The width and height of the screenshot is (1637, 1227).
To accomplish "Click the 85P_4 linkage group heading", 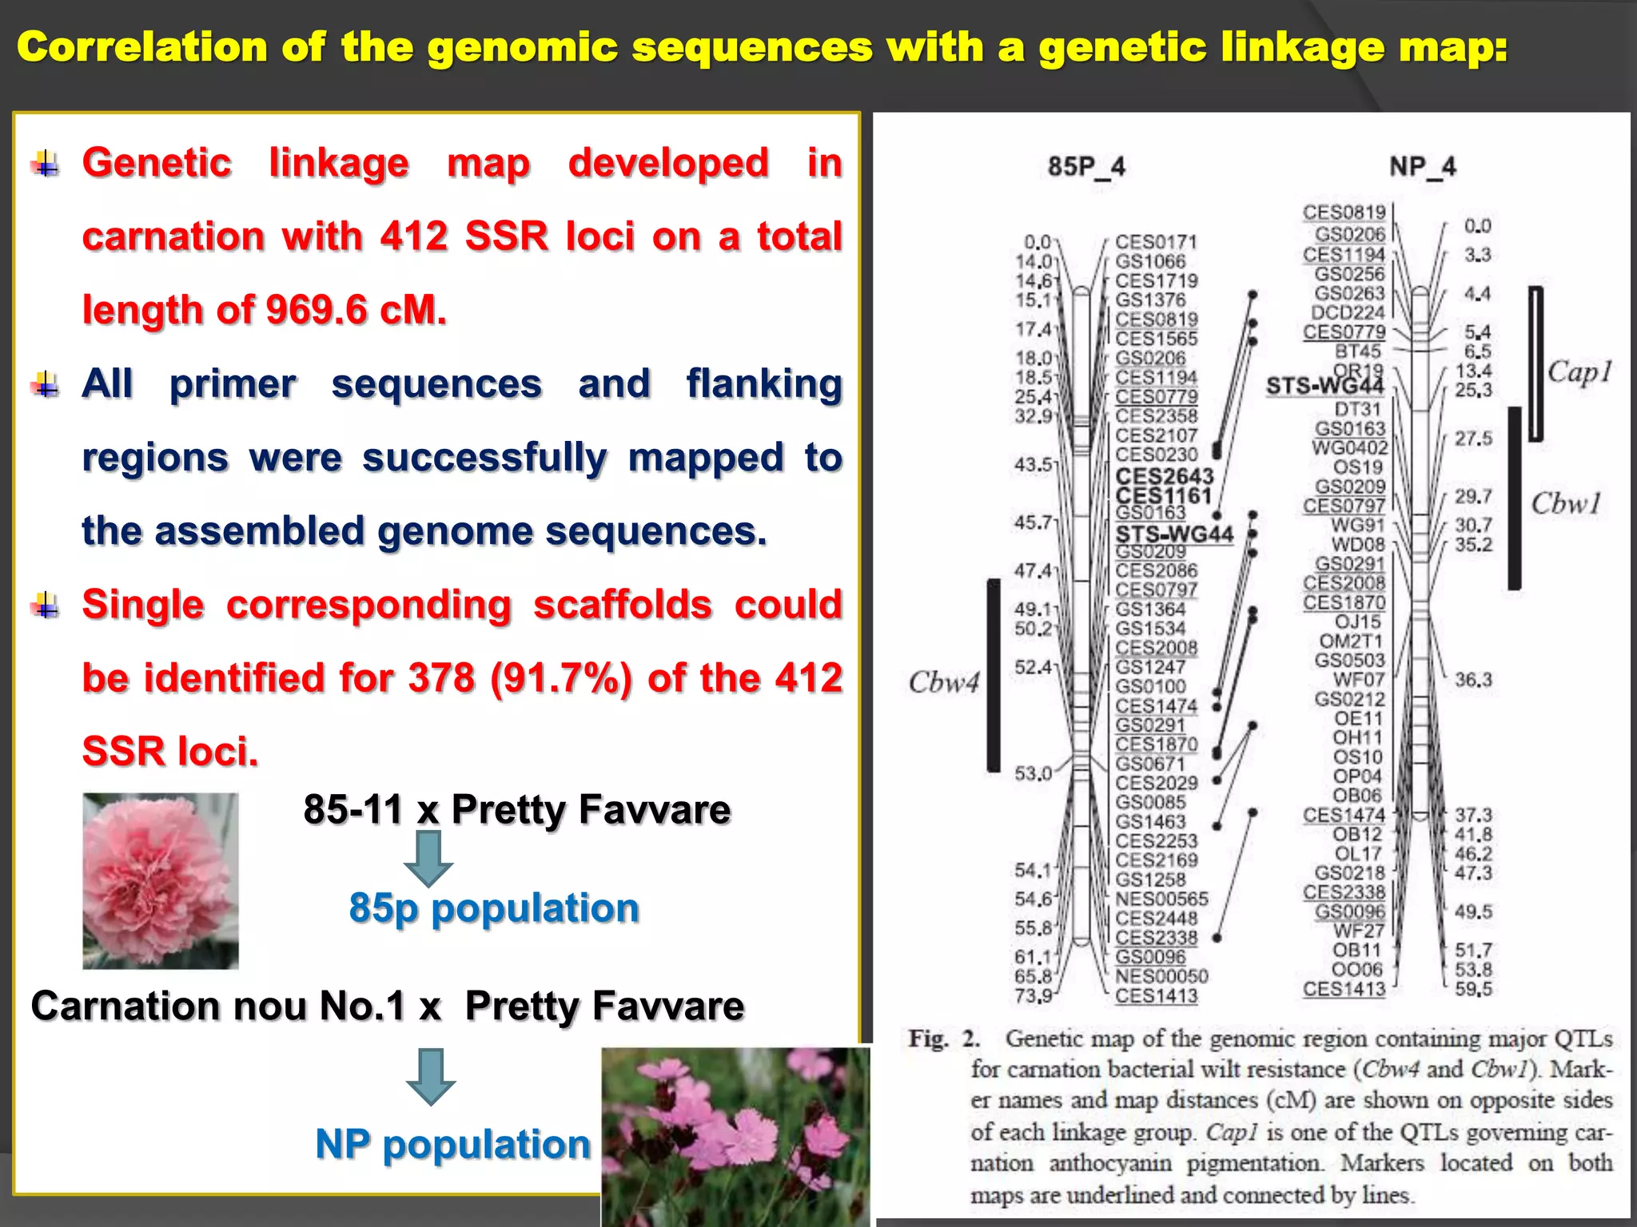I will [1086, 167].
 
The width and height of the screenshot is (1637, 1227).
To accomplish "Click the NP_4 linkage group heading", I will [1422, 167].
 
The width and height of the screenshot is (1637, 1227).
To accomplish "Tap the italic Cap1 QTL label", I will [1579, 372].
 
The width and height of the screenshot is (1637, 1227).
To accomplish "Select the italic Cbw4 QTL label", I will [943, 683].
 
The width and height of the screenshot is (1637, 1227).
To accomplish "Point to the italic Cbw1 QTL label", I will [1566, 504].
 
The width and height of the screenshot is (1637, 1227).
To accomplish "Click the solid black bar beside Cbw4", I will [994, 675].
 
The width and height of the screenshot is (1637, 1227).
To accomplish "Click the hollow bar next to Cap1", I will [1535, 364].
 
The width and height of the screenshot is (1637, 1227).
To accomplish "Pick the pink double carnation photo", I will [161, 880].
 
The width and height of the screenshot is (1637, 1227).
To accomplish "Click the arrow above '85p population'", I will [428, 858].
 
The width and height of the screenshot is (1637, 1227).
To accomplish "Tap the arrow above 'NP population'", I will [431, 1076].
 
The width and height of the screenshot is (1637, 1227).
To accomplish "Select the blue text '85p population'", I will [494, 908].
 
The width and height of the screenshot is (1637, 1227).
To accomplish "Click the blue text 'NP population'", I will [452, 1144].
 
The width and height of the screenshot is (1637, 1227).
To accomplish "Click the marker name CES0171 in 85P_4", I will [1156, 242].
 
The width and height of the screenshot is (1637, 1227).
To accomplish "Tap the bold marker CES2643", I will [1164, 476].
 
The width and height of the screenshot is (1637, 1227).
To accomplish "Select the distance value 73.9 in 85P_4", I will [1034, 995].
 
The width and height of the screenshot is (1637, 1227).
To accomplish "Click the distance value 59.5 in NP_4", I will [1473, 989].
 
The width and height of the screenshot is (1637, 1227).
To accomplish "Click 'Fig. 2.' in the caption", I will [944, 1038].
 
